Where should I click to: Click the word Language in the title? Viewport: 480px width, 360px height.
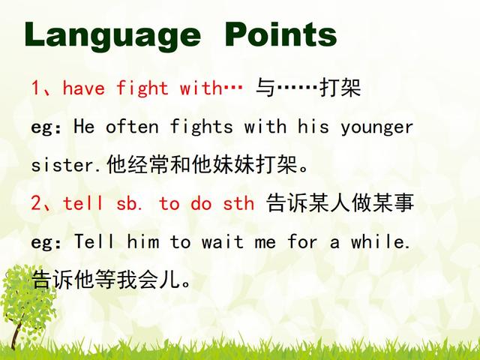pyautogui.click(x=112, y=36)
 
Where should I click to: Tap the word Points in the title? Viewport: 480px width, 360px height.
pyautogui.click(x=281, y=34)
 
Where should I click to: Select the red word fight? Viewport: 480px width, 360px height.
pyautogui.click(x=142, y=88)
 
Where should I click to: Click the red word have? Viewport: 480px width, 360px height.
pyautogui.click(x=83, y=88)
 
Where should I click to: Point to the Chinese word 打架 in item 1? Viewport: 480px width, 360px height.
pyautogui.click(x=340, y=88)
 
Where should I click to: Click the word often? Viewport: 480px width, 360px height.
pyautogui.click(x=132, y=127)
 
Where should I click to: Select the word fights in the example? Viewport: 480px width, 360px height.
pyautogui.click(x=202, y=127)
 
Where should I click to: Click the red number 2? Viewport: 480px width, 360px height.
pyautogui.click(x=36, y=203)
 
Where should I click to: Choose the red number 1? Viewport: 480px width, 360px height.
pyautogui.click(x=35, y=88)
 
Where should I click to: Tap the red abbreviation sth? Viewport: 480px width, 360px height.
pyautogui.click(x=238, y=203)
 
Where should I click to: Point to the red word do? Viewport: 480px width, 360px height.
pyautogui.click(x=201, y=203)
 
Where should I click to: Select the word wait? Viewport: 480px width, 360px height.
pyautogui.click(x=223, y=241)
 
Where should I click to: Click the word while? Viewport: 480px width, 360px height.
pyautogui.click(x=380, y=241)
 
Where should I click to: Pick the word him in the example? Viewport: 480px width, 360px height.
pyautogui.click(x=143, y=241)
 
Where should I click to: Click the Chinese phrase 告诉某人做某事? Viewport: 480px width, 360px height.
pyautogui.click(x=340, y=203)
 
